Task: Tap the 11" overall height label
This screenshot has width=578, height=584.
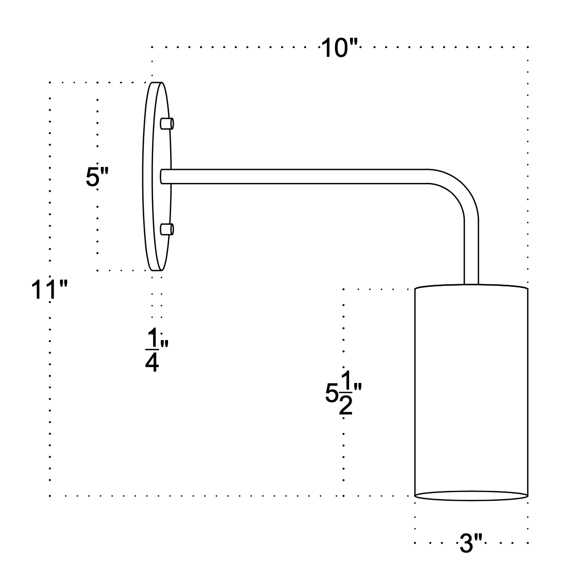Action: tap(50, 290)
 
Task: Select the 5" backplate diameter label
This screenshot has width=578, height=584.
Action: tap(97, 177)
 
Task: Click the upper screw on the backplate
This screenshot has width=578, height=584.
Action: tap(167, 124)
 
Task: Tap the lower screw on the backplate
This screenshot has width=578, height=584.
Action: tap(167, 229)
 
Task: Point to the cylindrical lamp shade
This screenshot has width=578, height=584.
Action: tap(471, 388)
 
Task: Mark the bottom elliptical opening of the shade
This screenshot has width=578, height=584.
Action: tap(471, 496)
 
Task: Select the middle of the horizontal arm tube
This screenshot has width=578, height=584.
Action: tap(295, 176)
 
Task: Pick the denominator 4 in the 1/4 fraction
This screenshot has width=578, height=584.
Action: tap(152, 362)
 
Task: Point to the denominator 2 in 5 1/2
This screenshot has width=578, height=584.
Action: tap(345, 407)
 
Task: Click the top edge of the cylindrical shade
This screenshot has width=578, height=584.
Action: tap(471, 285)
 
